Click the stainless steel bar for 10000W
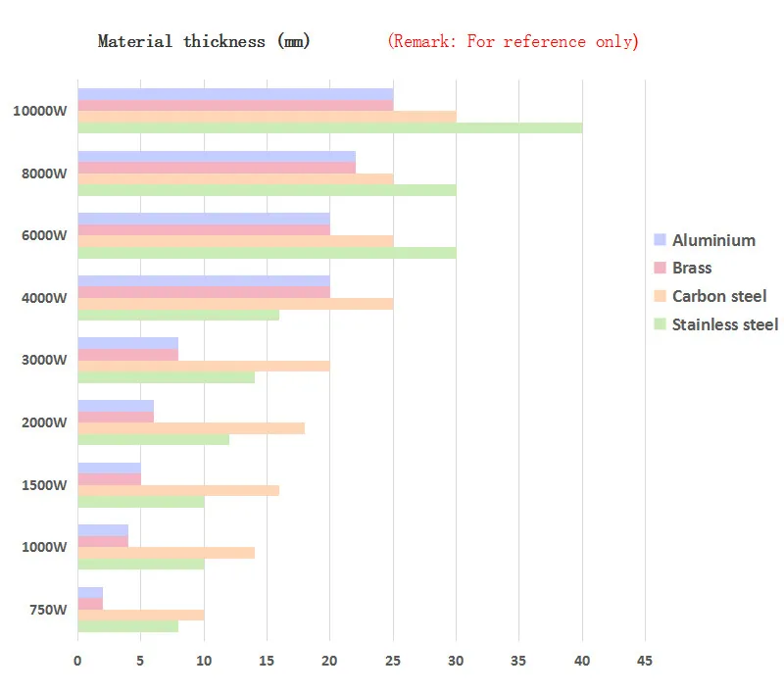click(x=329, y=127)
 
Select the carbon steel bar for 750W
click(x=141, y=615)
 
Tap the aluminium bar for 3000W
click(x=127, y=343)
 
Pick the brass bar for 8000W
click(x=216, y=168)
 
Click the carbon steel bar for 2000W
click(x=191, y=427)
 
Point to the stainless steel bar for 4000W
click(x=178, y=315)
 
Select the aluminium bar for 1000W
click(x=103, y=530)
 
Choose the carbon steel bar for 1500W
click(x=178, y=490)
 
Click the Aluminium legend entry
click(x=712, y=240)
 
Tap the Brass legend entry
click(x=691, y=268)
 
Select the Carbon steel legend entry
click(x=718, y=296)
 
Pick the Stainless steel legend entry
click(x=724, y=324)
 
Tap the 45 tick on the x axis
click(x=645, y=661)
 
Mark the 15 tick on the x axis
click(x=267, y=661)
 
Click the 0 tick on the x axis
click(x=77, y=661)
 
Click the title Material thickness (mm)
click(x=204, y=41)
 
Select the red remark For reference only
click(x=513, y=41)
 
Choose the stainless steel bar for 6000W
click(x=267, y=253)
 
